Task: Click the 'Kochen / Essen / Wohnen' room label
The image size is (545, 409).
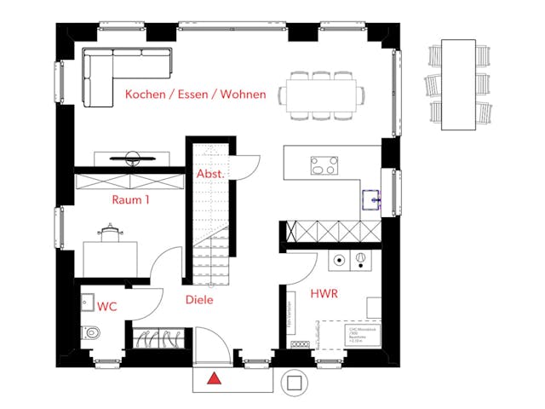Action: coord(195,95)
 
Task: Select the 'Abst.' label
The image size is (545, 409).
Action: coord(210,174)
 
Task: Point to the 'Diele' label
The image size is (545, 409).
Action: coord(199,300)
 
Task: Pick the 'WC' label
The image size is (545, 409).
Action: coord(107,306)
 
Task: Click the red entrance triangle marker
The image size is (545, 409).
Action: coord(215,377)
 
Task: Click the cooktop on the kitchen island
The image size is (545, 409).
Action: coord(324,164)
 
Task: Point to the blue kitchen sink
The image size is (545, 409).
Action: coord(372,199)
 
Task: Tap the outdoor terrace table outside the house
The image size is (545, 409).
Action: coord(458,84)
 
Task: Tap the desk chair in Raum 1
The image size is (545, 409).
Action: coord(110,234)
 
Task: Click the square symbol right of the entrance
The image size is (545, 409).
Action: coord(295,383)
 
